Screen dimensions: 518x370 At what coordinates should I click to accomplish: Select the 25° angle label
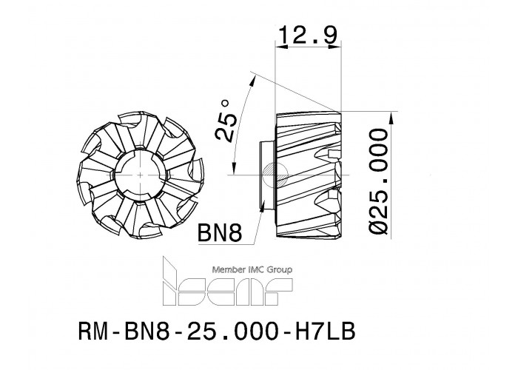(226, 121)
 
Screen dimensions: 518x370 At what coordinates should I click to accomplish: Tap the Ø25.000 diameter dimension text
(377, 181)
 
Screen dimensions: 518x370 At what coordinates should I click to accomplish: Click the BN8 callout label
(219, 232)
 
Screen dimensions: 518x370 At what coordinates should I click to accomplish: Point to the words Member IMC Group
(252, 270)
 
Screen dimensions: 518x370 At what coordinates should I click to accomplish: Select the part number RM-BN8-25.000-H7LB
(217, 331)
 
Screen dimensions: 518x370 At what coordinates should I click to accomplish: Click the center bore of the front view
(141, 175)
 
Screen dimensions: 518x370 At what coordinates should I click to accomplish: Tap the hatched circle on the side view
(276, 175)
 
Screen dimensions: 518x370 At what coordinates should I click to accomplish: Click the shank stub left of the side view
(266, 175)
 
